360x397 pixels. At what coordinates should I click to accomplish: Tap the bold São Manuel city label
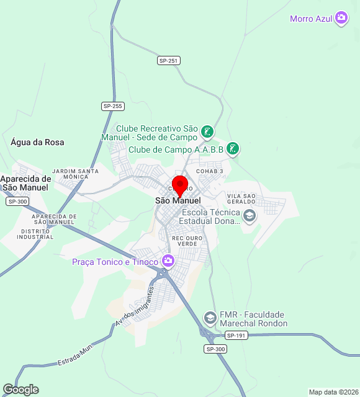[x=178, y=201]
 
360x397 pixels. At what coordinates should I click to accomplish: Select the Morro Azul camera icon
[x=341, y=19]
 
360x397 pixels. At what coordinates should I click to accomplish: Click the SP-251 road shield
[x=168, y=60]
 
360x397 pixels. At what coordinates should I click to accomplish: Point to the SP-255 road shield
[x=112, y=106]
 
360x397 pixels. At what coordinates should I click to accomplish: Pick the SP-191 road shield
[x=236, y=336]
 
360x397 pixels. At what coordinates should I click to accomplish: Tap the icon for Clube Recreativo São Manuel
[x=207, y=132]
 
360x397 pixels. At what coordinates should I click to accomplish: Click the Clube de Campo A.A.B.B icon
[x=233, y=149]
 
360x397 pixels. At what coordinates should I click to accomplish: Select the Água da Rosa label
[x=37, y=142]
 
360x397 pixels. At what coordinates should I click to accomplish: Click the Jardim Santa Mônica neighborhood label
[x=75, y=174]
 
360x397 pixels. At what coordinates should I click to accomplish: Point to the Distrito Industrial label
[x=37, y=234]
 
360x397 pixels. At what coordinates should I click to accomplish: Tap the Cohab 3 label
[x=209, y=171]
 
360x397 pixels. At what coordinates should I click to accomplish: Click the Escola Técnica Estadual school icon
[x=250, y=216]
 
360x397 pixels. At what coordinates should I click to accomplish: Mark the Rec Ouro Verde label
[x=184, y=241]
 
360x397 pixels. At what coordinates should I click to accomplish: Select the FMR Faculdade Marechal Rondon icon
[x=210, y=319]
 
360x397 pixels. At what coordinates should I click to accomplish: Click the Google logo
[x=20, y=390]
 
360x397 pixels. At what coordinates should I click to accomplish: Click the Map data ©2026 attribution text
[x=333, y=392]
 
